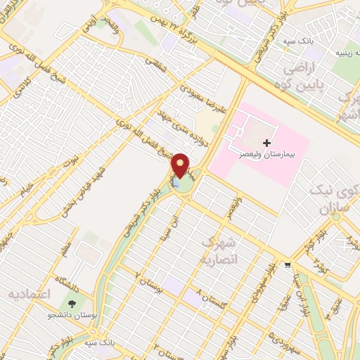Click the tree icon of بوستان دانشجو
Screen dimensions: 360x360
(x=72, y=304)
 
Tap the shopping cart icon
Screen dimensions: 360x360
(x=288, y=265)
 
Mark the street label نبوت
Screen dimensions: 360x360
(x=69, y=163)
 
